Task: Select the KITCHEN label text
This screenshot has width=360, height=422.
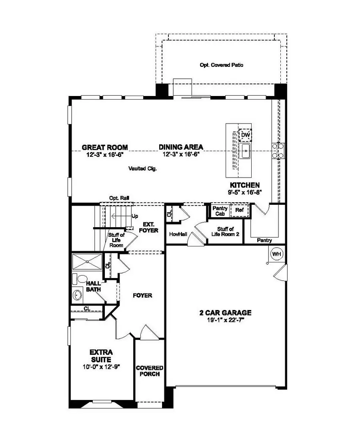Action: point(245,185)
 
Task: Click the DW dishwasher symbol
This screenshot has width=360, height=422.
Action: point(245,136)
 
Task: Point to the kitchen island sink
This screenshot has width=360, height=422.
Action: point(246,151)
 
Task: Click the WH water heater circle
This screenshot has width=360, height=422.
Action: point(276,254)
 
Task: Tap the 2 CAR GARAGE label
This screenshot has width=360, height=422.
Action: point(225,313)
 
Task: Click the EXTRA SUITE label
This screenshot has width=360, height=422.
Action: point(101,356)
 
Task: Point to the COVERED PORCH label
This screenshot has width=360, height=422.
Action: point(149,371)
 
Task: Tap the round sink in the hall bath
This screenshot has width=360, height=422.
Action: point(78,296)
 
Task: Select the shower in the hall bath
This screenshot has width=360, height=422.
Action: point(87,262)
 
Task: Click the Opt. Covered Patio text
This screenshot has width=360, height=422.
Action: point(221,65)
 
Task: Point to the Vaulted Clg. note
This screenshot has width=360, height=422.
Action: point(143,169)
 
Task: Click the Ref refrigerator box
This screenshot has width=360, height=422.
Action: point(239,210)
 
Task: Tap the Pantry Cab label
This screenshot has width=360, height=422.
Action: point(220,211)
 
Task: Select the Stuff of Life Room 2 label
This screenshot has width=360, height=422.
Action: point(226,232)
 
